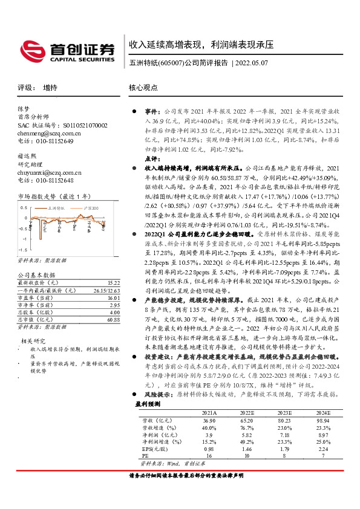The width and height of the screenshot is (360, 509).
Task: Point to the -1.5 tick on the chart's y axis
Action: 22,250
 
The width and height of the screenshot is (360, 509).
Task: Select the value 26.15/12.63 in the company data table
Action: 107,290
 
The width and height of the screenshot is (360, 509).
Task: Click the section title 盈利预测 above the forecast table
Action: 148,403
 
